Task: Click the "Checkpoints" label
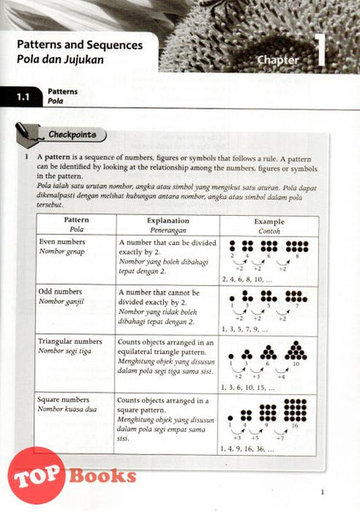(76, 135)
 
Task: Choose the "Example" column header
(268, 220)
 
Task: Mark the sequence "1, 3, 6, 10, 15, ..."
(253, 387)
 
